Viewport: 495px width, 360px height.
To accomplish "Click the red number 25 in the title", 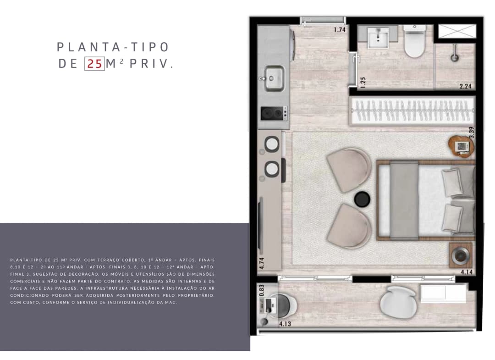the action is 95,64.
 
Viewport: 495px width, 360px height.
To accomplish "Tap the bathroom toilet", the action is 414,41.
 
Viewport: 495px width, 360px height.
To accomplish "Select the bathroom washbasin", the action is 378,38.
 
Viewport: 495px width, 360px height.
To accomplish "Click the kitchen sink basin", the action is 274,78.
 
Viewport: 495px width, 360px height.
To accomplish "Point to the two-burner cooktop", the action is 274,113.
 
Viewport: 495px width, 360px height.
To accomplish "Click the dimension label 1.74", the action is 340,30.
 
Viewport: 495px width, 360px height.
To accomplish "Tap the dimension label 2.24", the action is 465,86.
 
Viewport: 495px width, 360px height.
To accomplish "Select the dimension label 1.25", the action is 363,83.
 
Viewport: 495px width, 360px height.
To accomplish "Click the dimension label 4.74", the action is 261,263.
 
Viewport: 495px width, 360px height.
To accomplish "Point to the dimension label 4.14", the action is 467,271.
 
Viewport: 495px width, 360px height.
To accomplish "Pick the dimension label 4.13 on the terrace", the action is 285,324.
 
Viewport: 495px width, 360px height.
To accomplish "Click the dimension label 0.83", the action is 261,291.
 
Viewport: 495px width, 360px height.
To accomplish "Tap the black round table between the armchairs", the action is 362,199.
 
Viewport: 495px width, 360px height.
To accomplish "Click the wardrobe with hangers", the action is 412,111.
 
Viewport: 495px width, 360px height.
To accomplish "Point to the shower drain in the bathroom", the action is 454,58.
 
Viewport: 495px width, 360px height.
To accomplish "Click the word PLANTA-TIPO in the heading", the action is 113,47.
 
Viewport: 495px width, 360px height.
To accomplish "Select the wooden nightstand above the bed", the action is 462,146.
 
